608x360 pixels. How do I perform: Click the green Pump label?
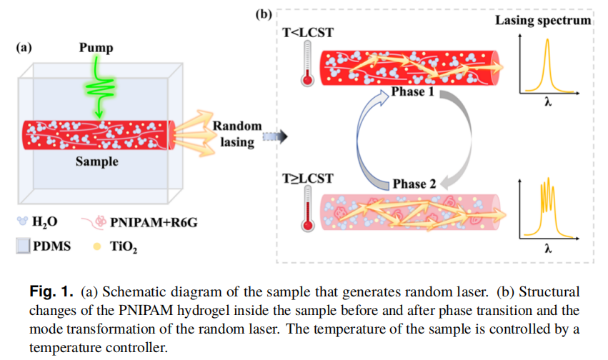point(96,48)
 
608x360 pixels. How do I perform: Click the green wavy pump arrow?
point(100,89)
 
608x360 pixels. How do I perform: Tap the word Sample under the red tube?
point(97,161)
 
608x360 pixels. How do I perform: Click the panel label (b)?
point(264,13)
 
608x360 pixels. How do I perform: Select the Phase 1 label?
point(413,93)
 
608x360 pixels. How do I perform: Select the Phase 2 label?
point(414,184)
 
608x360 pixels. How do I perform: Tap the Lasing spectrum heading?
point(543,20)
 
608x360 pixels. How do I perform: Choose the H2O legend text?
point(44,224)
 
